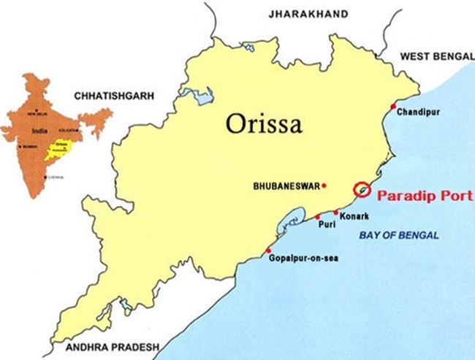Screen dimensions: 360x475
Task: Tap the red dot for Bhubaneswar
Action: coord(324,185)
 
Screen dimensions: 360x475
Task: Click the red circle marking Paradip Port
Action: coord(361,189)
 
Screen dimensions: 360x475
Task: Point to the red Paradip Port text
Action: coord(420,196)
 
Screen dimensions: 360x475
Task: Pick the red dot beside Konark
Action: coord(336,212)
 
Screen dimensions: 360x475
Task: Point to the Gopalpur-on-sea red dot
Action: coord(269,250)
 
